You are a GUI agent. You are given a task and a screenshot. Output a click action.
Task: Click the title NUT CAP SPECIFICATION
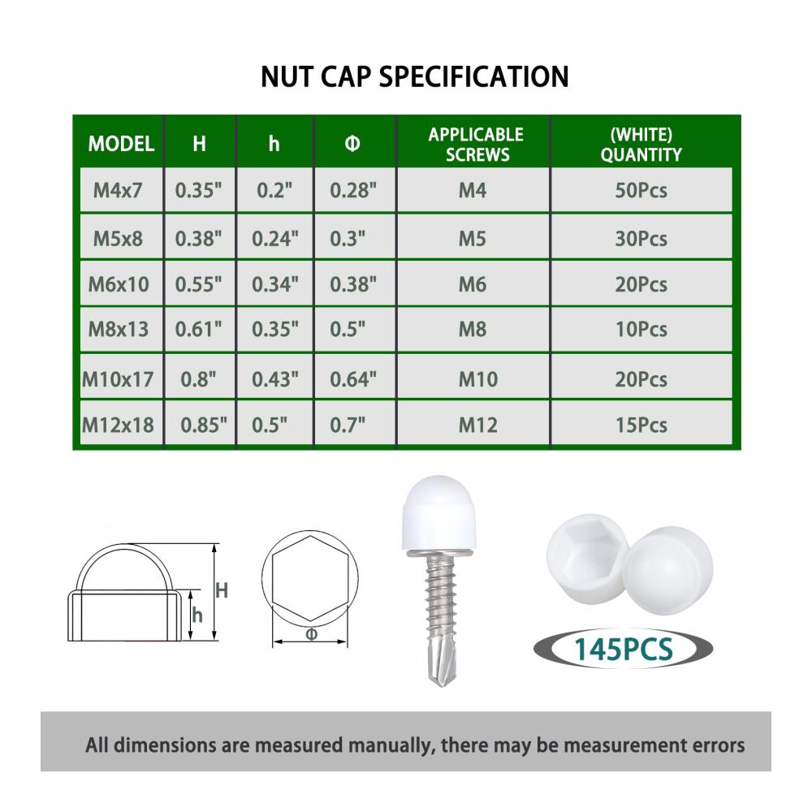point(414,76)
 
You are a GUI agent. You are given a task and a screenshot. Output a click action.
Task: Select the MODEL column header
point(121,144)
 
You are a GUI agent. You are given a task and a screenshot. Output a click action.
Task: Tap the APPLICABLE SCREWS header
point(476,145)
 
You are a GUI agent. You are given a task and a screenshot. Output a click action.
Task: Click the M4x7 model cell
point(118,190)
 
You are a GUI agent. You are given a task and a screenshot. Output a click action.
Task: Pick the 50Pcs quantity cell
point(641,191)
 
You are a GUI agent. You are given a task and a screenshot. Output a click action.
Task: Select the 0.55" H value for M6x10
point(198,284)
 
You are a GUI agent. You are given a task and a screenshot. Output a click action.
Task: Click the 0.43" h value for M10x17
point(275,379)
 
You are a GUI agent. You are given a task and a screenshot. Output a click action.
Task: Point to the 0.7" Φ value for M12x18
point(348,425)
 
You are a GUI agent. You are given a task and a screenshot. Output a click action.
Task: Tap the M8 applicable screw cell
point(473,330)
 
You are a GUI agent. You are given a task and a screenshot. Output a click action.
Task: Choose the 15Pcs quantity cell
point(641,425)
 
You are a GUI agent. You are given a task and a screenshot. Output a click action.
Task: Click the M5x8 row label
point(118,239)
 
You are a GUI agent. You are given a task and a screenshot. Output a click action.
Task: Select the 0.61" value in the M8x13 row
point(198,330)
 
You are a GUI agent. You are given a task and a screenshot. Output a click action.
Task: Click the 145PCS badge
point(623,649)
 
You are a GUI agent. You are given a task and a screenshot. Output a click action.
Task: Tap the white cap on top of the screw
point(438,513)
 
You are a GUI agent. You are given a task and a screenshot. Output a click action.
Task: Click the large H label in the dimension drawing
point(222,590)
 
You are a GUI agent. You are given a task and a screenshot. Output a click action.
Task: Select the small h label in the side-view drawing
point(197,615)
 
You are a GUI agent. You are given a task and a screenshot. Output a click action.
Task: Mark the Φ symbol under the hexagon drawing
point(311,634)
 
